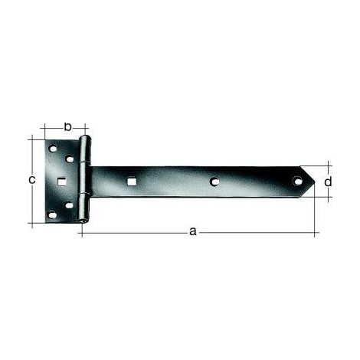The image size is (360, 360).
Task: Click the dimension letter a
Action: coord(193,231)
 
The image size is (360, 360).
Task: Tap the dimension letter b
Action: coord(67,127)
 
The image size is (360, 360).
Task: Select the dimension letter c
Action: coord(32,180)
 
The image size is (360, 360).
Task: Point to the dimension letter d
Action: coord(328,182)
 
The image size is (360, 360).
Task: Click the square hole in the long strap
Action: coord(132,182)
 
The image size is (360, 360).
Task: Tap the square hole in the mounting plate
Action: coord(61,182)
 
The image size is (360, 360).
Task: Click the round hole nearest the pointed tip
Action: coord(297,181)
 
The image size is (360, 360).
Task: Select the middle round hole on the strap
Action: coord(214,182)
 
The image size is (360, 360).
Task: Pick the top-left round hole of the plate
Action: coord(53,149)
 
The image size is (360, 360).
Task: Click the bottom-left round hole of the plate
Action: coord(53,215)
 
